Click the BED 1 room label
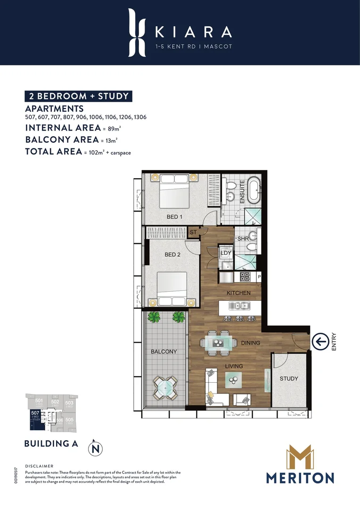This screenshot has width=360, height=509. point(174,217)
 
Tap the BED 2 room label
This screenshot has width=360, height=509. point(172,254)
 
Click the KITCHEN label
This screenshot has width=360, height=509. point(238,293)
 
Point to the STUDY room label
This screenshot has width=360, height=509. point(288,378)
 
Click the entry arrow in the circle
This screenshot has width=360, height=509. point(321,341)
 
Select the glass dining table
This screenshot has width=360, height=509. point(217,344)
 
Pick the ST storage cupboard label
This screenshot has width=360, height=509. point(193,232)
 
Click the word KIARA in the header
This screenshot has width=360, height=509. point(194,32)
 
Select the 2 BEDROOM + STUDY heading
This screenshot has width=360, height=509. point(78,96)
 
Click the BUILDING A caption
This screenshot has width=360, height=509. point(50,443)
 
